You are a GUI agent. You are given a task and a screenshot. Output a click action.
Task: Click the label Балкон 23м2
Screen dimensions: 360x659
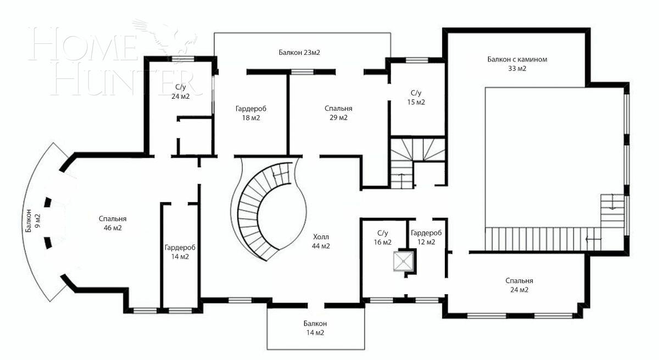[x=299, y=53]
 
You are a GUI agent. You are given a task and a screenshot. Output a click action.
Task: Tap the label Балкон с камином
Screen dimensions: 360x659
[x=517, y=59]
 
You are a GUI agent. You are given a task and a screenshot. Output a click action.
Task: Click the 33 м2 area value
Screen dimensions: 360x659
[x=517, y=69]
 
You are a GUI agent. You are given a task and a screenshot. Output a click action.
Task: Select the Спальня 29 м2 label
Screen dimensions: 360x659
[x=338, y=113]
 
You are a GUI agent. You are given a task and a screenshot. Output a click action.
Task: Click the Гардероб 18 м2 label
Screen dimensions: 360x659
[x=251, y=113]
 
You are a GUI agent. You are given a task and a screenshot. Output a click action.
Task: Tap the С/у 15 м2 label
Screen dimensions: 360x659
[x=417, y=98]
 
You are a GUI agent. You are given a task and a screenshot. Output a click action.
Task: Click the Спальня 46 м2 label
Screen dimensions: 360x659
[x=113, y=222]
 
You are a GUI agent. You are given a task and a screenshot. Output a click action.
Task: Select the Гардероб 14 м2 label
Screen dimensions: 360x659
[x=180, y=252]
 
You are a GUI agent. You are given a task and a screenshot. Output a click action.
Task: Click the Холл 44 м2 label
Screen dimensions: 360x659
[x=321, y=241]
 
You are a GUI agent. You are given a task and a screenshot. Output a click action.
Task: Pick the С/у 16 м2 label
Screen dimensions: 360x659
[x=383, y=237]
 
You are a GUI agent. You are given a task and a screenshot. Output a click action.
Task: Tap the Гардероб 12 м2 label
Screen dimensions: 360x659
[x=426, y=237]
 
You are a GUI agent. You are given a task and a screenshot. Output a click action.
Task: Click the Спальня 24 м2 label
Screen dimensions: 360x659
[x=519, y=285]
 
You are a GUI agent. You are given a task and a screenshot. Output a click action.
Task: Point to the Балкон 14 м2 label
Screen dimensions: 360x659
[x=315, y=328]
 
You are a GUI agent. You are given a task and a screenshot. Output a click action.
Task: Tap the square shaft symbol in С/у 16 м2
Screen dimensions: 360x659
[x=404, y=261]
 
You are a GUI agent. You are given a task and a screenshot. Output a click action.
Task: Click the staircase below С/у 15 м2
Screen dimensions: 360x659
[x=417, y=159]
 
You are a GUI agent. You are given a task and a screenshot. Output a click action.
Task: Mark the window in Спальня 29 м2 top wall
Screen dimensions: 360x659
[x=301, y=71]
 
